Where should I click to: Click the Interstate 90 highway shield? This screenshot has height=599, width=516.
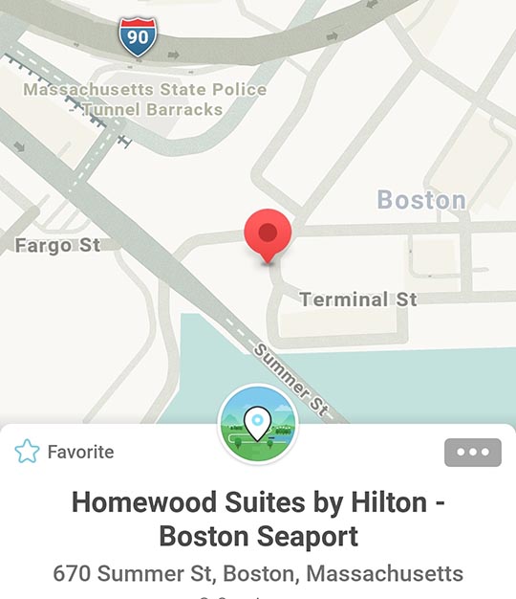click(x=139, y=37)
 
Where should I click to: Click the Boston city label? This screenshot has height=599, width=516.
click(x=421, y=200)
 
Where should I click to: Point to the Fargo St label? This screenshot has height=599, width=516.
click(x=57, y=246)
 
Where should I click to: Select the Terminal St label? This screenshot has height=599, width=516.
click(x=358, y=299)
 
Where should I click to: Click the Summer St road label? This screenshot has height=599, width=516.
click(x=291, y=380)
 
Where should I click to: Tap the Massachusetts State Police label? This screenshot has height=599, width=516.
click(x=145, y=90)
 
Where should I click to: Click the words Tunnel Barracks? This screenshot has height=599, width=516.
click(x=152, y=109)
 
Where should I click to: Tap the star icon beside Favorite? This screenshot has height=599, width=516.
click(x=27, y=452)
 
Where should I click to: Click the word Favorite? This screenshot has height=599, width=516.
click(x=80, y=452)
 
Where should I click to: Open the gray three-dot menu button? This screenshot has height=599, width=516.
click(x=472, y=453)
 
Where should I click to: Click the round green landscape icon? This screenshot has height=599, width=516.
click(x=258, y=425)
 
